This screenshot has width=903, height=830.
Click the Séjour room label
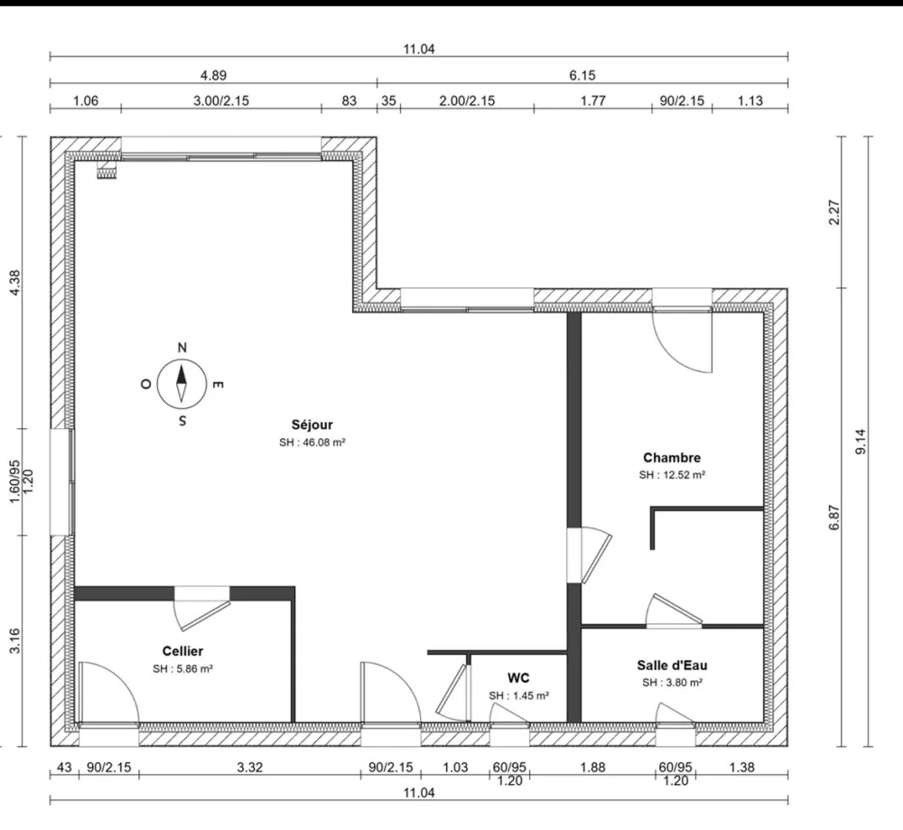coord(312,424)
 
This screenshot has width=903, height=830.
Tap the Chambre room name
coord(672,458)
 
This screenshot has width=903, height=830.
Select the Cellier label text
coord(182,650)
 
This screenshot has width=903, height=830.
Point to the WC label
coord(518,677)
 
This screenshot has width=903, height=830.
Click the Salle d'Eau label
coord(672,666)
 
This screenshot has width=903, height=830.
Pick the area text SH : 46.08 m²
coord(312,443)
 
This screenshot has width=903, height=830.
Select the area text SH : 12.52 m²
coord(672,475)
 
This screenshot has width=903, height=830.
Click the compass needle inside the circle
coord(182,384)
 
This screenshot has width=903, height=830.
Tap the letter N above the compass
coord(182,348)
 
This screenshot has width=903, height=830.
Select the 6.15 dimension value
coord(582,76)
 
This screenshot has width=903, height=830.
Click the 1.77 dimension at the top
coord(592,101)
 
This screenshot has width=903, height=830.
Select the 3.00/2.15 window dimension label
coord(220,101)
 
